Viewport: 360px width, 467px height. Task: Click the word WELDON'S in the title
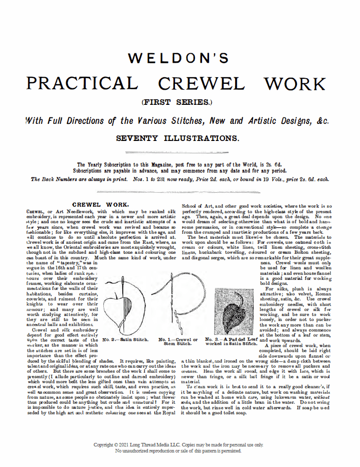(178, 59)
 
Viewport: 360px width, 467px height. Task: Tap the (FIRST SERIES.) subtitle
(177, 103)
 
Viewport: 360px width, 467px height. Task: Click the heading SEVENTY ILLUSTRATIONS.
(177, 137)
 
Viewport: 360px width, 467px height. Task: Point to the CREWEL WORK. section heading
(101, 205)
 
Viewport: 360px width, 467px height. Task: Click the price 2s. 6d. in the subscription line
(279, 165)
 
